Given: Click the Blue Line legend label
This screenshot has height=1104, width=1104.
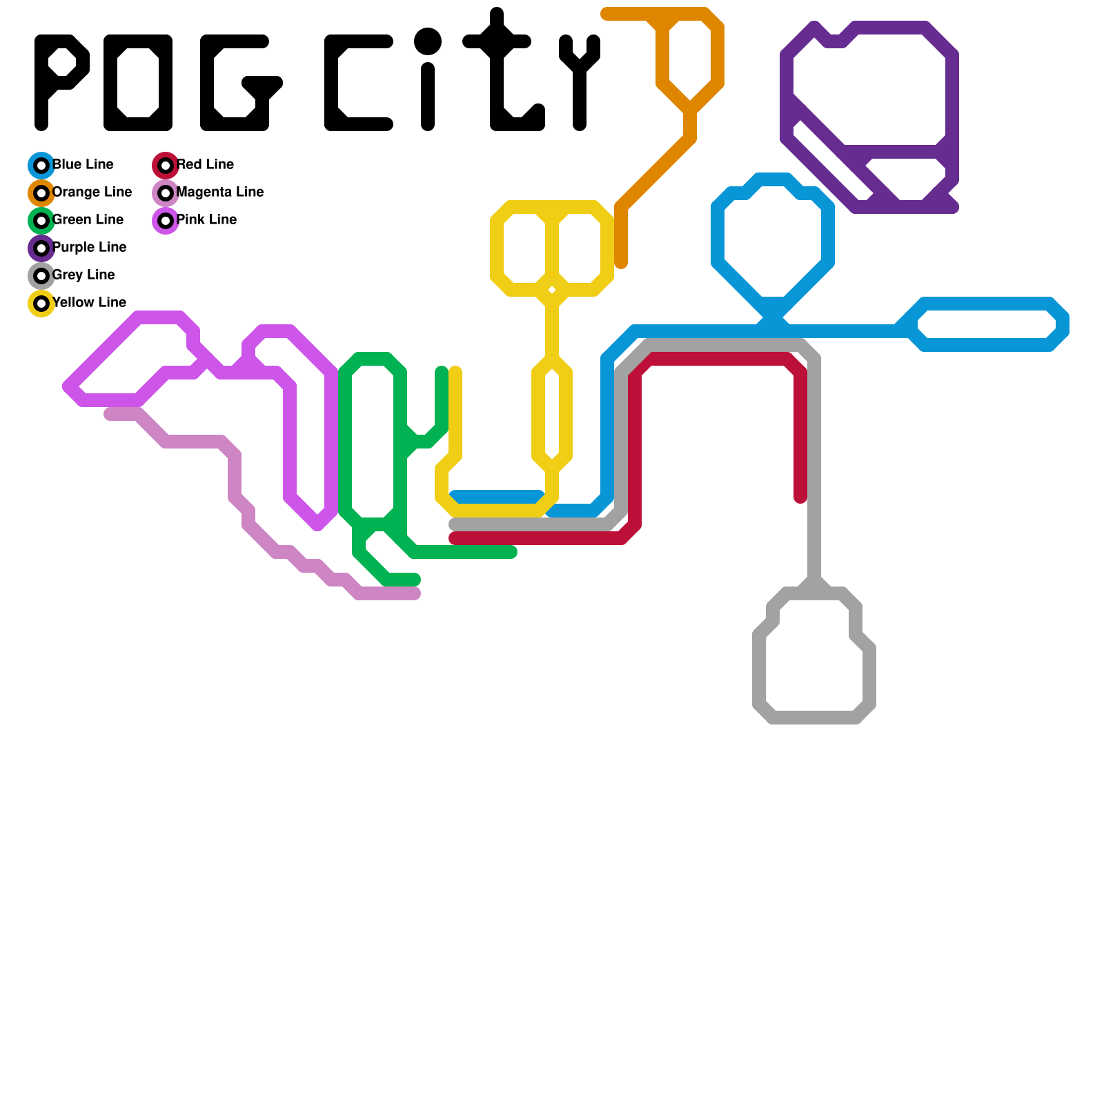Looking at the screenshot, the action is (83, 165).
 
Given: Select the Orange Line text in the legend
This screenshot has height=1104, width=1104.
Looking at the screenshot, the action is (92, 193).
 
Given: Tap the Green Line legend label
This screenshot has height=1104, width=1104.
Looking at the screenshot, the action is (88, 220).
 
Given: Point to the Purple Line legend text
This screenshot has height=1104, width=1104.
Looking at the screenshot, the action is (89, 248).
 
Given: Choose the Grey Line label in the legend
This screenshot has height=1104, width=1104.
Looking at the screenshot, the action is (83, 275).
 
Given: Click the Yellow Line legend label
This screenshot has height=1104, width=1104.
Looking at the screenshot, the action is (89, 303).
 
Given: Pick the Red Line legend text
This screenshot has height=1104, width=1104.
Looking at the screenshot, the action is (205, 165).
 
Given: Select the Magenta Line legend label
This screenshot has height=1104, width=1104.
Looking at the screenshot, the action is (220, 193).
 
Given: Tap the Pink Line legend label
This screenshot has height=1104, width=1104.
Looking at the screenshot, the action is (206, 220).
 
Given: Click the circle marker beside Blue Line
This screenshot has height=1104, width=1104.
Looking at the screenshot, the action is (41, 166).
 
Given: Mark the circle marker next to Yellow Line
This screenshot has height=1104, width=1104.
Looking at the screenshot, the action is (41, 304).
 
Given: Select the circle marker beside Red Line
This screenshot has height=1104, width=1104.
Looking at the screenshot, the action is (166, 166).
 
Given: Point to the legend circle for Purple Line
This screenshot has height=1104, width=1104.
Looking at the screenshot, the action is (41, 248).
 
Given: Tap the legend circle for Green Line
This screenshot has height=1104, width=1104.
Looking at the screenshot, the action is (41, 221).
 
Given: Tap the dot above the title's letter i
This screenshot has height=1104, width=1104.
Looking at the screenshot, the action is (428, 41).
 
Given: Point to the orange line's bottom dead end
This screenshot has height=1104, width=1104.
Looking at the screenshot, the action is (621, 262).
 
